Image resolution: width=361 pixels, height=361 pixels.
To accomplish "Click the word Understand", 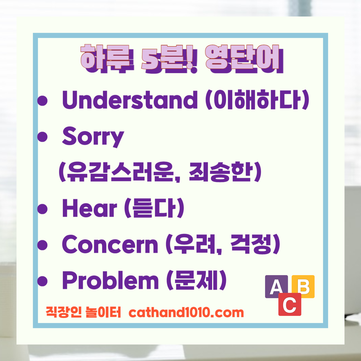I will click(x=130, y=100).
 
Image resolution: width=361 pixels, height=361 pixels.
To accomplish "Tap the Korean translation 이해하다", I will click(x=258, y=100).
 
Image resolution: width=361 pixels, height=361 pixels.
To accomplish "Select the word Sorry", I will click(x=93, y=136).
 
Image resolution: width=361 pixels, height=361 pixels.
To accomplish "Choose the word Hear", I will click(x=89, y=208).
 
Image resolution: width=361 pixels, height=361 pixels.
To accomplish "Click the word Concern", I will click(x=110, y=244).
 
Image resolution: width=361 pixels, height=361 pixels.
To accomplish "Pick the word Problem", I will click(x=110, y=281).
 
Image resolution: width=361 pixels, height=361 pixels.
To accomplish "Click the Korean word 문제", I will click(x=196, y=281).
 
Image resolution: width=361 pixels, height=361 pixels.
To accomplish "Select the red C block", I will click(x=290, y=305).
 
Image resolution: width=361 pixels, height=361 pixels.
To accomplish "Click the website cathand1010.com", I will click(x=186, y=313).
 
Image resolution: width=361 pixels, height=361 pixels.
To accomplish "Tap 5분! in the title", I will click(x=169, y=59).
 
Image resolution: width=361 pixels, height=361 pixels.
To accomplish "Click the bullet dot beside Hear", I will click(x=43, y=209).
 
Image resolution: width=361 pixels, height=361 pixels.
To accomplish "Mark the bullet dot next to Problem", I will click(x=43, y=281).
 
